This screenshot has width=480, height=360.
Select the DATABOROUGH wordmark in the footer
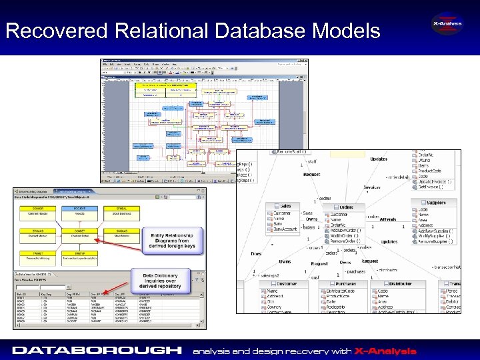coord(97,350)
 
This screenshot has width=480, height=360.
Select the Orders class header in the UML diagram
coord(345,207)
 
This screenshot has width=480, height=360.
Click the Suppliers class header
coord(437,202)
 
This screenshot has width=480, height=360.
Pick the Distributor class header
coord(400,284)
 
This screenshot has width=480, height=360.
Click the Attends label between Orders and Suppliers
coord(387,219)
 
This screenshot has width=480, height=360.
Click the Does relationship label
coord(256,253)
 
